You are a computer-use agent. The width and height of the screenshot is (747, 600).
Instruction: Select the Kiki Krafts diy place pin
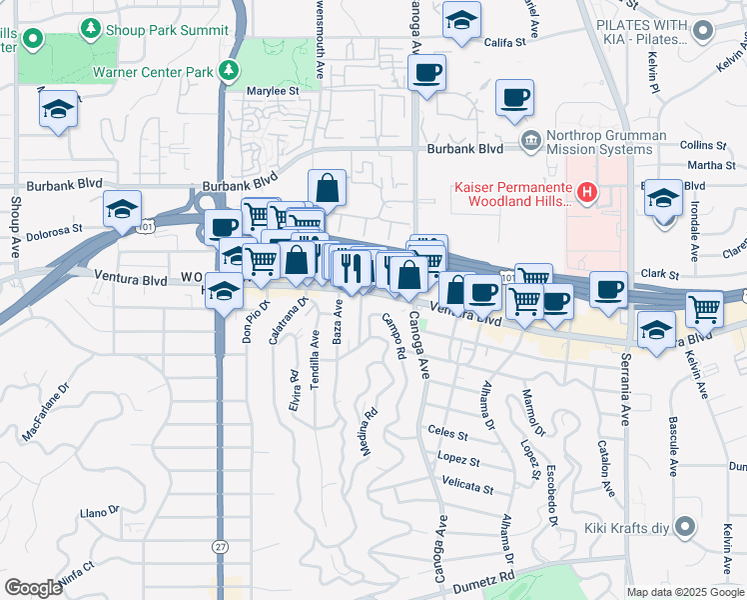[684, 526]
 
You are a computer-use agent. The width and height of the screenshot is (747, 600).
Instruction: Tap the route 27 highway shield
[219, 546]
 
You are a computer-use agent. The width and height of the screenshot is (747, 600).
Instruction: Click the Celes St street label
[447, 435]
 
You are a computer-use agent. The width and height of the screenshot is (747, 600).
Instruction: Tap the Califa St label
[505, 42]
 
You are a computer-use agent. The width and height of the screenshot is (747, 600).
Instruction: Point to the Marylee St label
[275, 92]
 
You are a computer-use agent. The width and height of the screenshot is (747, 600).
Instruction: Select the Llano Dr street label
[99, 513]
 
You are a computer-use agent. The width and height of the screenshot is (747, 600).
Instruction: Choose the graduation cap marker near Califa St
[462, 20]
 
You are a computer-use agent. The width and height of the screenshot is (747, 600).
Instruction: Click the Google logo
[33, 587]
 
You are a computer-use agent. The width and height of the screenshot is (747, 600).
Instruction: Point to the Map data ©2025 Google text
[685, 592]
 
